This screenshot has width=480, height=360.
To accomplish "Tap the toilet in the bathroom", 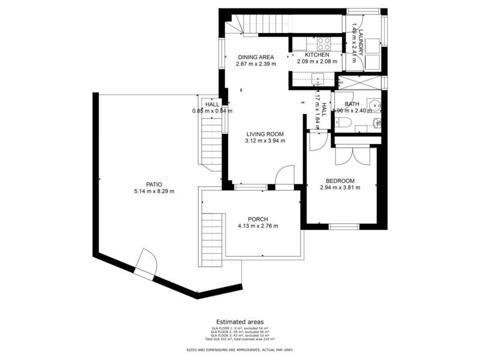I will coord(344,122).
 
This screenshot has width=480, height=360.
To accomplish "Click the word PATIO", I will coord(154,184).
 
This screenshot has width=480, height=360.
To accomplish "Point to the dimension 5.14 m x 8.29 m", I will coord(154,191).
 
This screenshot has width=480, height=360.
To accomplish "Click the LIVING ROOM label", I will coord(265,134).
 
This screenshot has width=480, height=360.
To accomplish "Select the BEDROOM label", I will coord(340,181).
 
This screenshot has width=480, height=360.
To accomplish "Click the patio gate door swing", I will coord(146,262).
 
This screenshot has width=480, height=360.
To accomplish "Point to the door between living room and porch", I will coord(284,178).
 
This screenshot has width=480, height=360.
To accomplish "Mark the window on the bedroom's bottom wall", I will coord(344,226).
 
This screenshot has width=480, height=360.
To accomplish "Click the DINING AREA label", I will coord(256,57).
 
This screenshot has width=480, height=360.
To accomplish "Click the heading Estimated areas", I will coord(239,322).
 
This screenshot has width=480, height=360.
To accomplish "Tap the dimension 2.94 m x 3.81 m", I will coord(340,188).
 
